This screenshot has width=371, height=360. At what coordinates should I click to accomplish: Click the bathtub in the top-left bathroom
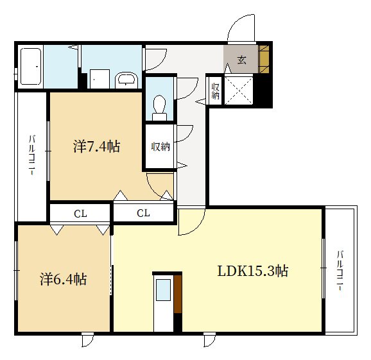pyautogui.click(x=31, y=66)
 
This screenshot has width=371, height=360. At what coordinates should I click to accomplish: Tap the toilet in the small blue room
pyautogui.click(x=159, y=108)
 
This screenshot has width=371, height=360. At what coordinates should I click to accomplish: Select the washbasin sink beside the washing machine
pyautogui.click(x=126, y=80)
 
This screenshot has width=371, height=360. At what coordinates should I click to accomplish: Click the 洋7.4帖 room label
pyautogui.click(x=96, y=146)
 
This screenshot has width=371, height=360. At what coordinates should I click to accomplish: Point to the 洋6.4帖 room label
pyautogui.click(x=63, y=279)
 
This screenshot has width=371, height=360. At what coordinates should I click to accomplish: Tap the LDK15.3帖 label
pyautogui.click(x=253, y=271)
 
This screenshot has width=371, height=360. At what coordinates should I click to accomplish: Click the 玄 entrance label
pyautogui.click(x=241, y=60)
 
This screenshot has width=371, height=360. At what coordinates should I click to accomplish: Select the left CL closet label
pyautogui.click(x=80, y=214)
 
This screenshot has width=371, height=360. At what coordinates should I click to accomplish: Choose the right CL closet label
pyautogui.click(x=143, y=213)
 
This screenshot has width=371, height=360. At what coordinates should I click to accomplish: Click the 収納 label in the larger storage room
pyautogui.click(x=160, y=147)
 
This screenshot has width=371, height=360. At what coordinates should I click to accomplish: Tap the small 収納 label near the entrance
pyautogui.click(x=215, y=91)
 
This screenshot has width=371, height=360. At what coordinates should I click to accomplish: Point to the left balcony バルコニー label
pyautogui.click(x=33, y=155)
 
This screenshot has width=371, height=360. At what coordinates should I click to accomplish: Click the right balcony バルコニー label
pyautogui.click(x=340, y=270)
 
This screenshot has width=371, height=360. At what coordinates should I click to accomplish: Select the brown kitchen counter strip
pyautogui.click(x=178, y=294)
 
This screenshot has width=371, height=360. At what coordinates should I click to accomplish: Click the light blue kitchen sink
pyautogui.click(x=164, y=290)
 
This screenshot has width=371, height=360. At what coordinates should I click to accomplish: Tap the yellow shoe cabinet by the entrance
pyautogui.click(x=264, y=59)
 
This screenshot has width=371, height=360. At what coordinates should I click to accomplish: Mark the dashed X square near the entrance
pyautogui.click(x=239, y=90)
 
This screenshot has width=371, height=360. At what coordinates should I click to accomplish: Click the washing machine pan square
pyautogui.click(x=99, y=79)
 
